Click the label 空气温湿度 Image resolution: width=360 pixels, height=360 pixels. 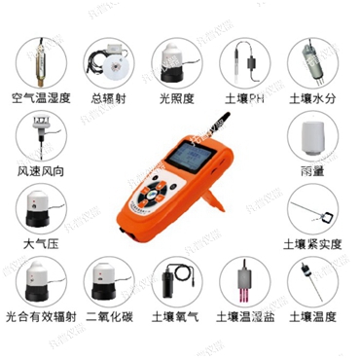click(x=40, y=98)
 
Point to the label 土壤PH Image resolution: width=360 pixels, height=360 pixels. click(x=243, y=98)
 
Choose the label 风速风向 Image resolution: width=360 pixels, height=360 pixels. click(x=40, y=171)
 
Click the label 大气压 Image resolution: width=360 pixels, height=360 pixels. click(x=40, y=244)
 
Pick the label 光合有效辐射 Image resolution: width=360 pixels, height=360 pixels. click(x=40, y=317)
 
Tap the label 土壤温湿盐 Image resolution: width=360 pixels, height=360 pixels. click(x=243, y=317)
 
